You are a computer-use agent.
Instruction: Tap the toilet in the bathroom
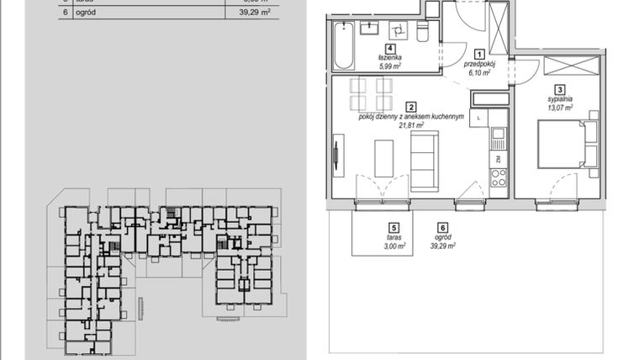pyautogui.click(x=423, y=33)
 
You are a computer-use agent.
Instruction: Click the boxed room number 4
pyautogui.click(x=389, y=49)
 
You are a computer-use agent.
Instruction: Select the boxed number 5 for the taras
pyautogui.click(x=393, y=227)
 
